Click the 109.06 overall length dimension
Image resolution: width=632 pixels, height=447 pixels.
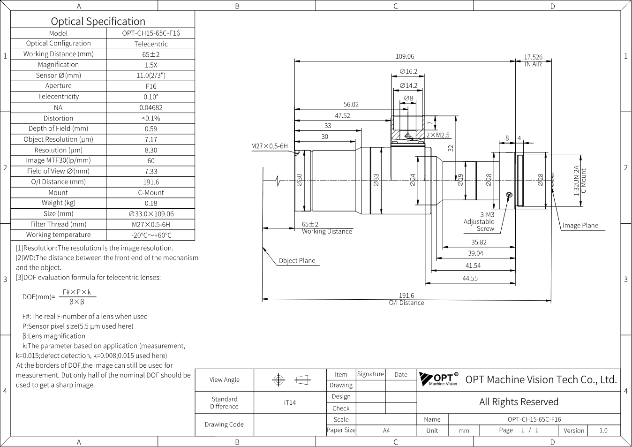coord(405,56)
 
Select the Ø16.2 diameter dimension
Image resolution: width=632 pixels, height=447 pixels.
coord(408,71)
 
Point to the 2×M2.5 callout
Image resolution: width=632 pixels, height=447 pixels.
coord(437,135)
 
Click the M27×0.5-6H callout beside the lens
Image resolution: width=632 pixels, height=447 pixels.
coord(270,146)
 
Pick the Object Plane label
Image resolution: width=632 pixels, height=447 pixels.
coord(297,261)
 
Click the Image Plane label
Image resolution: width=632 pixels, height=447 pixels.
coord(580,226)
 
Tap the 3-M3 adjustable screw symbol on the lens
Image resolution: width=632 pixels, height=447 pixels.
coord(509,195)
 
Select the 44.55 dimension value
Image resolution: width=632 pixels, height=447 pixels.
coord(470,279)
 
